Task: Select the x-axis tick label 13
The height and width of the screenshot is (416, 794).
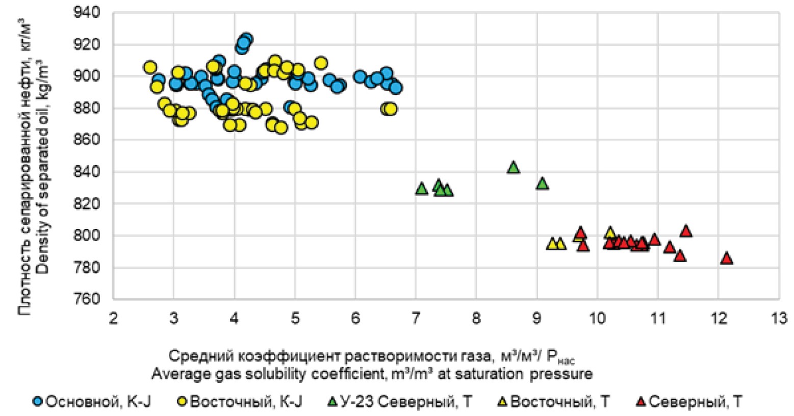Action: point(779,319)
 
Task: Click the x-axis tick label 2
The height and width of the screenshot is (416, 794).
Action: point(113,319)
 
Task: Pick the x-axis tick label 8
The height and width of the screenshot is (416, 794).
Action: point(476,319)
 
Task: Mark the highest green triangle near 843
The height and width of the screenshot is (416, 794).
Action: point(514,167)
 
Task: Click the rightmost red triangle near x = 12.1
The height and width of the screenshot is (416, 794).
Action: point(727,258)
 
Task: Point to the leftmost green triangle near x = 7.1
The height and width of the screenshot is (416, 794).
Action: point(421,189)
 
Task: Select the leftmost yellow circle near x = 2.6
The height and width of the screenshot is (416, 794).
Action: point(149,67)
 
